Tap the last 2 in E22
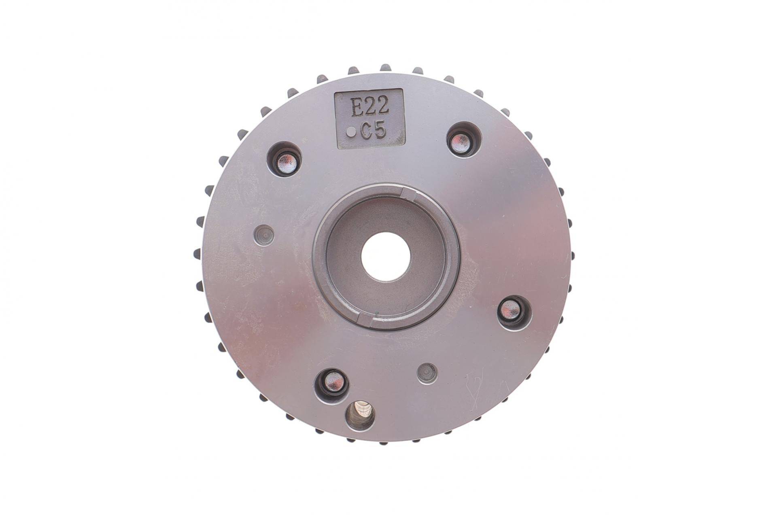[383, 107]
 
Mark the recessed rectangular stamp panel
[369, 119]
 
